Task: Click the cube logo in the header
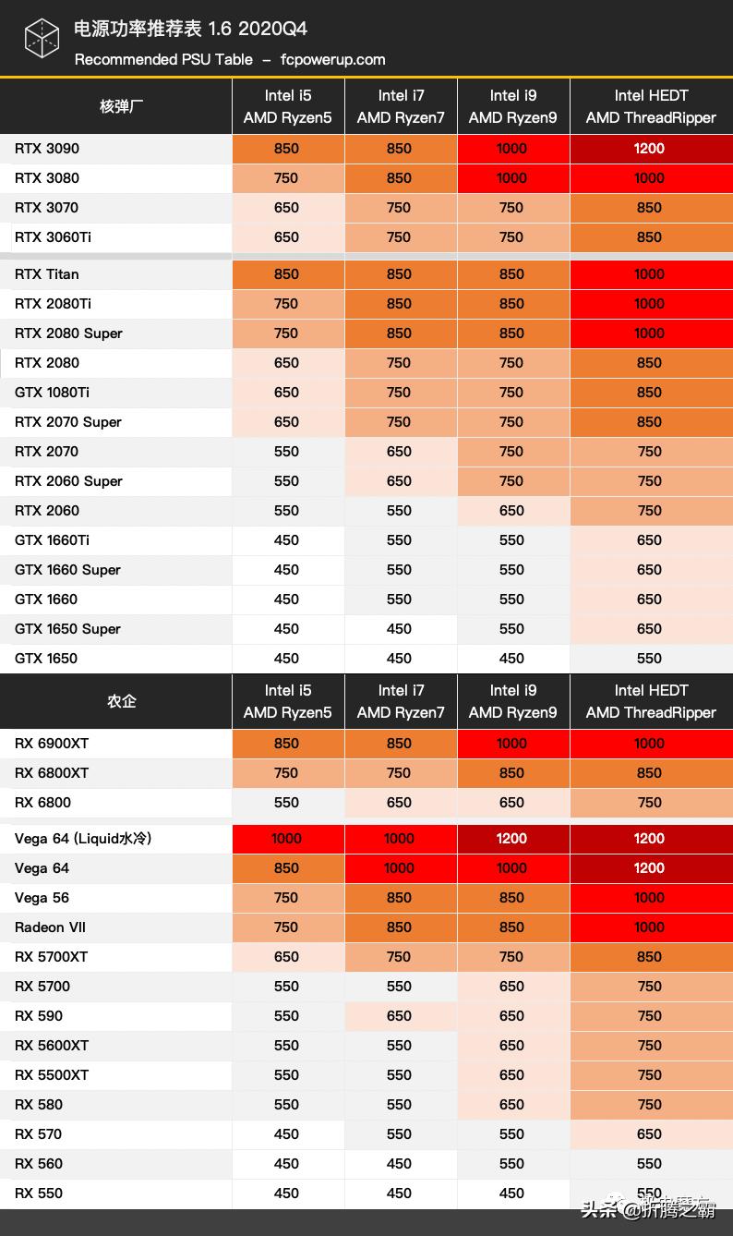41,39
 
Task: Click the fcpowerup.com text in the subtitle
332,59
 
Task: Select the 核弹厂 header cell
121,106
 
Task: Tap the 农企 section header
121,701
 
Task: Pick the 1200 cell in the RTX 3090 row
650,149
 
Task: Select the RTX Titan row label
47,274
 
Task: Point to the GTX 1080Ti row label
52,393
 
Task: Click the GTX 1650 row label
46,659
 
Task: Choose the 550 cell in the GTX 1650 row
650,659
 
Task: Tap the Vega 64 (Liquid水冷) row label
83,839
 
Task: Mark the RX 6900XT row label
52,744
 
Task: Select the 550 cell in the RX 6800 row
287,803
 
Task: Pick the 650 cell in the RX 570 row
650,1134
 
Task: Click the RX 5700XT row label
52,957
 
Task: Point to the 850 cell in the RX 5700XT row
650,957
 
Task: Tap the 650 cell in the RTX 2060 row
512,511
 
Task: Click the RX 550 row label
39,1194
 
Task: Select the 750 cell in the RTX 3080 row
287,178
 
